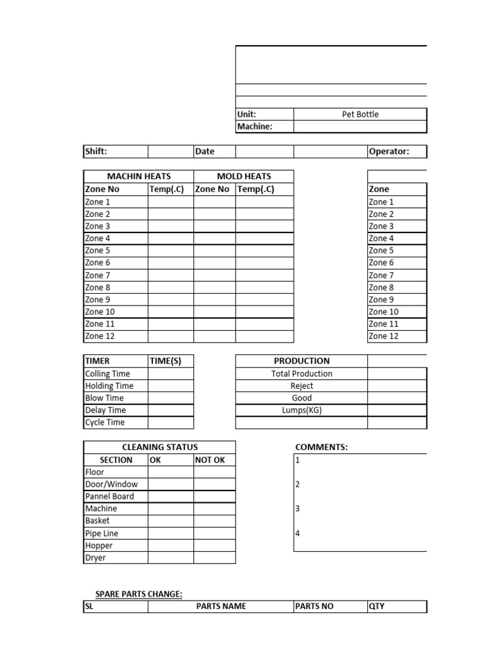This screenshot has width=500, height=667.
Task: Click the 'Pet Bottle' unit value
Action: pyautogui.click(x=360, y=114)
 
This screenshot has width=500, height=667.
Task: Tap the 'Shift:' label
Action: pyautogui.click(x=96, y=151)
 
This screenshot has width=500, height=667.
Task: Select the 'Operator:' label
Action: pyautogui.click(x=389, y=151)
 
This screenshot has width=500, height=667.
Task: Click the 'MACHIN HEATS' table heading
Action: pyautogui.click(x=139, y=176)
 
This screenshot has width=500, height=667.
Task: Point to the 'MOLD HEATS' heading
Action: pyautogui.click(x=243, y=176)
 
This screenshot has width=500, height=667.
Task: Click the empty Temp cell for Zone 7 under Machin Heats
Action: pyautogui.click(x=171, y=275)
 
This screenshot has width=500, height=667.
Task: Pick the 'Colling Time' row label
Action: pyautogui.click(x=107, y=373)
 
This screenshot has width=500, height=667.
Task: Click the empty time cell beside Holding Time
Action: pyautogui.click(x=171, y=386)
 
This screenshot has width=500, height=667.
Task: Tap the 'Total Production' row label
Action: pyautogui.click(x=301, y=373)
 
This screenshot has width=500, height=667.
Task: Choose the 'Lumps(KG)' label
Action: pyautogui.click(x=301, y=410)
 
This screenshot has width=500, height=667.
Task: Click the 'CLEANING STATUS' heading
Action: pyautogui.click(x=160, y=447)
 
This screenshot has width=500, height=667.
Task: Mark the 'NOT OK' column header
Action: pyautogui.click(x=210, y=459)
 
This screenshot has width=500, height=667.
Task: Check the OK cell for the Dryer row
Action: pyautogui.click(x=171, y=558)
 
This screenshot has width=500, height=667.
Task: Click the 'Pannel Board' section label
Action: pyautogui.click(x=109, y=496)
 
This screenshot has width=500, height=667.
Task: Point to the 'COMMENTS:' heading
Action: pyautogui.click(x=321, y=447)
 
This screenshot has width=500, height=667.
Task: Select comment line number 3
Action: pyautogui.click(x=298, y=509)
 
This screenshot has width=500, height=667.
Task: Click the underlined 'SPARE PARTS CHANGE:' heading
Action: pyautogui.click(x=139, y=593)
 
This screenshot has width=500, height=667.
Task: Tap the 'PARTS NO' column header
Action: pyautogui.click(x=314, y=606)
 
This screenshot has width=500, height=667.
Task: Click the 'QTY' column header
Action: pyautogui.click(x=376, y=606)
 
